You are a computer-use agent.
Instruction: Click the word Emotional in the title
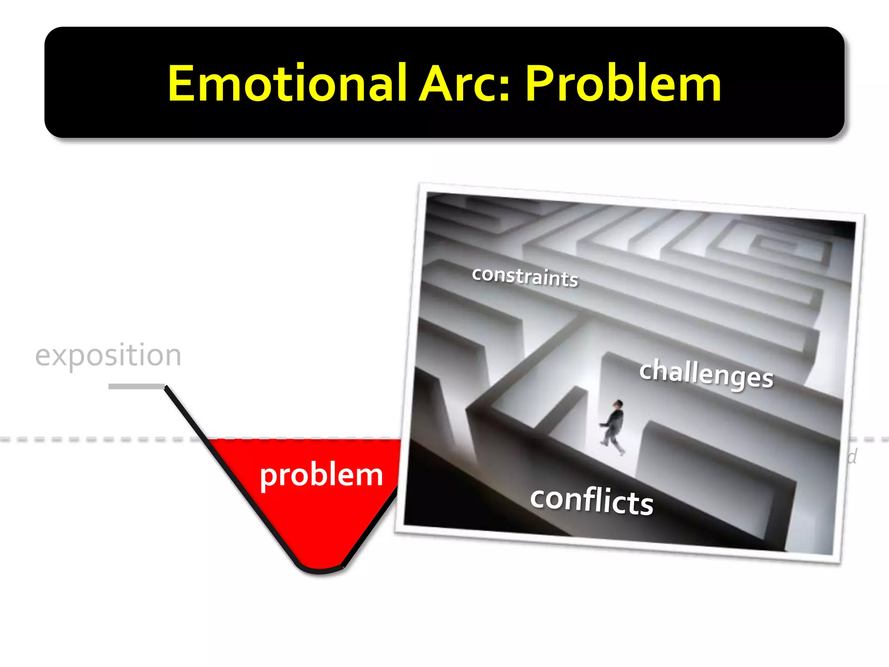(x=287, y=83)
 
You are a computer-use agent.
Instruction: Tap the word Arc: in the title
(x=464, y=83)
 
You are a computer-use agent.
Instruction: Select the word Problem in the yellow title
(x=623, y=83)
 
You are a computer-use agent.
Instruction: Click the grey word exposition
(x=108, y=356)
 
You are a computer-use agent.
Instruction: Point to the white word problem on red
(x=321, y=475)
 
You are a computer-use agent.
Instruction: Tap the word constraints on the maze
(x=525, y=276)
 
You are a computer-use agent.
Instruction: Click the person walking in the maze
(x=613, y=428)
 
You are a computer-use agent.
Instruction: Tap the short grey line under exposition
(x=136, y=386)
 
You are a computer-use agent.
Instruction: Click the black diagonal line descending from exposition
(x=187, y=414)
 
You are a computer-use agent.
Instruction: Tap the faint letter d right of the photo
(x=852, y=457)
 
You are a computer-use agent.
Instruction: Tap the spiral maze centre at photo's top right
(x=781, y=246)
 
